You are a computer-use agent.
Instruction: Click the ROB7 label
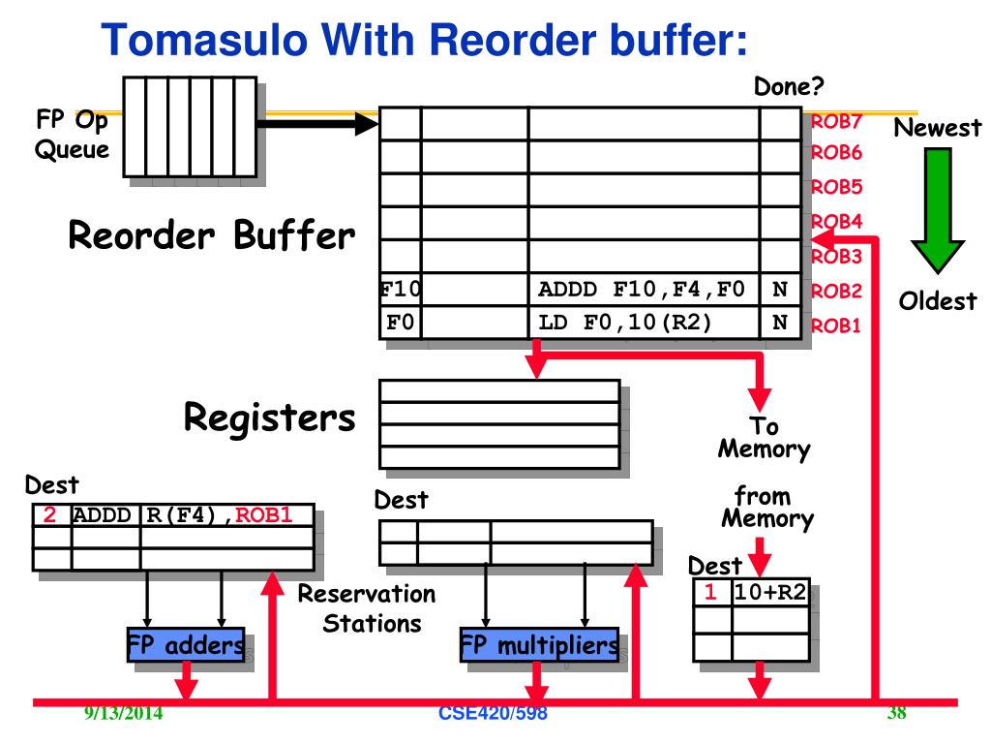(837, 121)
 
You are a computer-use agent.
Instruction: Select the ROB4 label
(837, 222)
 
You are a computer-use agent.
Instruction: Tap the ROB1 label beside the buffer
(836, 325)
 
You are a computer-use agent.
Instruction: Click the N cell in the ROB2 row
(780, 290)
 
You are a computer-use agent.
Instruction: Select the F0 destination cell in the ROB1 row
(400, 323)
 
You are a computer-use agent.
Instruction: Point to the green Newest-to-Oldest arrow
(937, 210)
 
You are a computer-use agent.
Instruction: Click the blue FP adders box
(186, 644)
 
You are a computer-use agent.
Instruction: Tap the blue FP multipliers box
(539, 644)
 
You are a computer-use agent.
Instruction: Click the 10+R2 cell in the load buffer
(770, 593)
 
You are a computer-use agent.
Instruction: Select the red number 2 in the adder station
(49, 515)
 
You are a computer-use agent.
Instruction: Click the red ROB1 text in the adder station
(264, 515)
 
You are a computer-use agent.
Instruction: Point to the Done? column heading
(789, 86)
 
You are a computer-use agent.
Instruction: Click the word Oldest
(938, 301)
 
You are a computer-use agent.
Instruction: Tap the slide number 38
(897, 713)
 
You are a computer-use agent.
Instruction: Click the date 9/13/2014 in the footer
(123, 713)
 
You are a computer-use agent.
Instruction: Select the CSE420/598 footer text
(493, 713)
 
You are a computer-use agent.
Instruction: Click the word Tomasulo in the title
(204, 39)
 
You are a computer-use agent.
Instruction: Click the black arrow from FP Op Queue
(317, 123)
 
